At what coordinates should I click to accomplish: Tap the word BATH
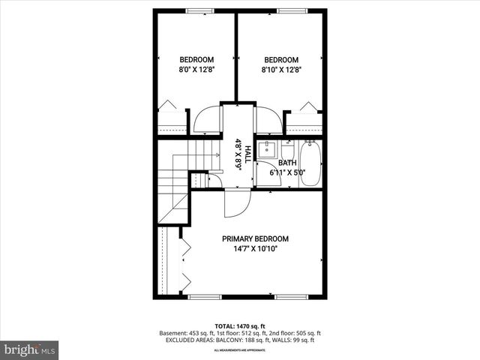click(x=287, y=163)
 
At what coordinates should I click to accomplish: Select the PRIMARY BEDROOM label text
click(x=255, y=238)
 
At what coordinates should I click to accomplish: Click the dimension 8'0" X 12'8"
click(x=196, y=70)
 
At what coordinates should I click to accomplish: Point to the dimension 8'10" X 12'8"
click(x=281, y=70)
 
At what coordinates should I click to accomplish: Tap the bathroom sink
click(x=268, y=148)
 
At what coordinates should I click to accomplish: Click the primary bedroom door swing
click(x=234, y=204)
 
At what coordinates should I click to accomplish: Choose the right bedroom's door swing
click(x=268, y=121)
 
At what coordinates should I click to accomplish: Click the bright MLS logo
click(x=30, y=349)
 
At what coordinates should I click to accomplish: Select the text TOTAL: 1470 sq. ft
click(x=240, y=325)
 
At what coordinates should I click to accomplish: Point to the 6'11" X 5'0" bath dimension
click(x=287, y=173)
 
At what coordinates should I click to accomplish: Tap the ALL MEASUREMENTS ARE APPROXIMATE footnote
click(x=240, y=350)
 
